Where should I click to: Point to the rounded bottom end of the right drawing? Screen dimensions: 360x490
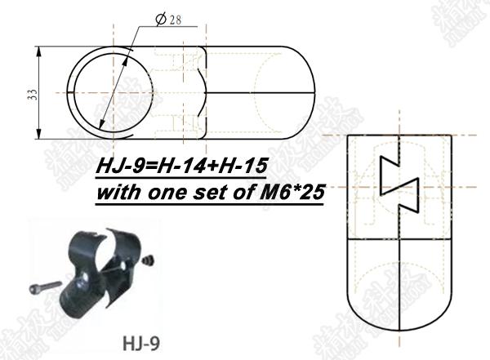pyautogui.click(x=401, y=322)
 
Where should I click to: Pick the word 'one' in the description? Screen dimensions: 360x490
pyautogui.click(x=162, y=194)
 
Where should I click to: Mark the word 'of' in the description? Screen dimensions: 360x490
pyautogui.click(x=231, y=194)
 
